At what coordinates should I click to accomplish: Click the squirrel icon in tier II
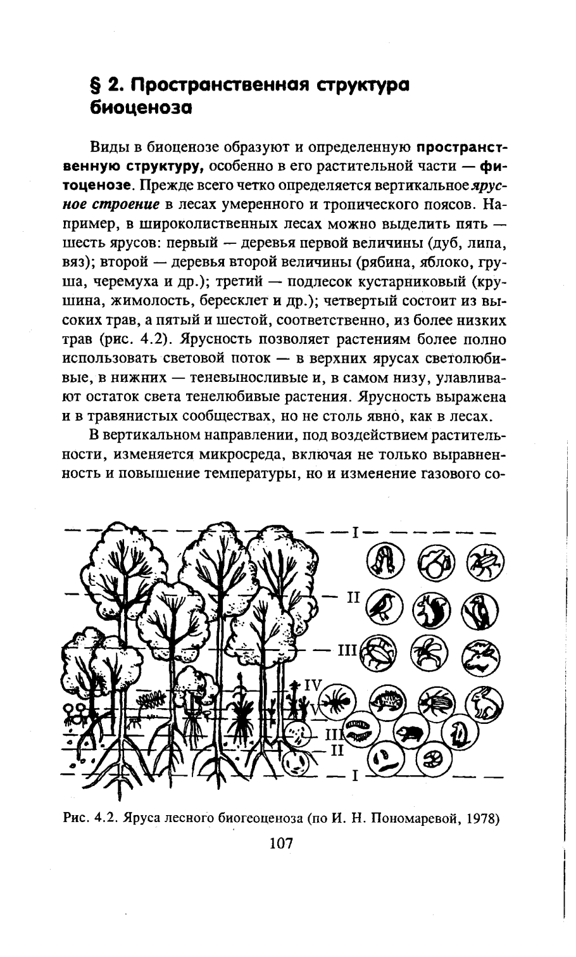(x=431, y=611)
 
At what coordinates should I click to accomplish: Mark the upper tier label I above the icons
(x=356, y=532)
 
